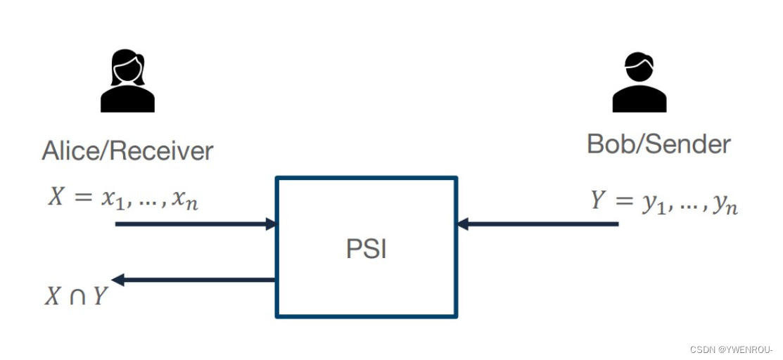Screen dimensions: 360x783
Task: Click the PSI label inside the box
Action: [367, 250]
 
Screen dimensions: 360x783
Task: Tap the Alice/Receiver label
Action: [127, 151]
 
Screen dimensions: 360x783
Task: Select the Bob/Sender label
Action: [658, 144]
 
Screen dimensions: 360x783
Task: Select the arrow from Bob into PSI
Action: [538, 224]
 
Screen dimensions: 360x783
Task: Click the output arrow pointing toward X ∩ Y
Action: [193, 280]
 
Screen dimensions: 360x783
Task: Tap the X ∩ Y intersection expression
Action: [76, 297]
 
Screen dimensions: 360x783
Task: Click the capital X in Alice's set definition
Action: [56, 196]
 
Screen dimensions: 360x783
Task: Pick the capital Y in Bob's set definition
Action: [598, 200]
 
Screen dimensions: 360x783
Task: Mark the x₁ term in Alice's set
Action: [113, 199]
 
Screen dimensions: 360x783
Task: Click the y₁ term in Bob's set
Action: [654, 204]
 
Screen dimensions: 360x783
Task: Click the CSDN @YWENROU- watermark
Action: [731, 349]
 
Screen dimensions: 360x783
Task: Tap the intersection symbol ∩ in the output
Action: [77, 297]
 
